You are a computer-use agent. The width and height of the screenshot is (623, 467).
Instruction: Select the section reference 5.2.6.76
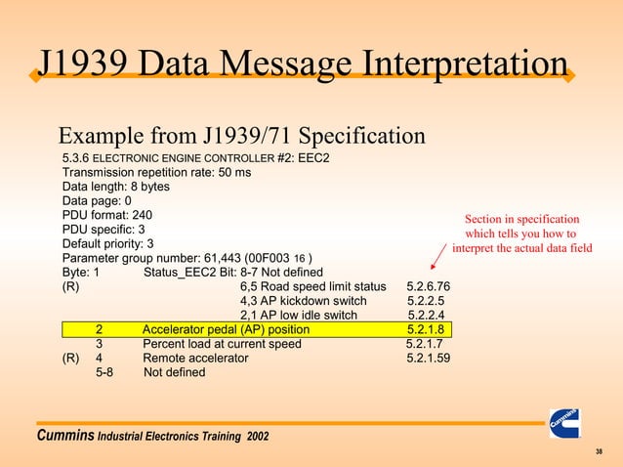click(x=428, y=286)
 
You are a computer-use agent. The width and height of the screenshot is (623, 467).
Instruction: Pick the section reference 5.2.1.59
click(x=428, y=359)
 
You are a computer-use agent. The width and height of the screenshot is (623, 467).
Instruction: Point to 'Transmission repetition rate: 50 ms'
click(x=156, y=172)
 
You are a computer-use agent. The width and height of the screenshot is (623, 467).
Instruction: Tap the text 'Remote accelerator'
click(x=195, y=359)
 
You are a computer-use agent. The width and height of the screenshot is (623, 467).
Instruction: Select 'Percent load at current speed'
click(x=222, y=344)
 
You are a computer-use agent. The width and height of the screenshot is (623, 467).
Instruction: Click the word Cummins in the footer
click(x=64, y=433)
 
